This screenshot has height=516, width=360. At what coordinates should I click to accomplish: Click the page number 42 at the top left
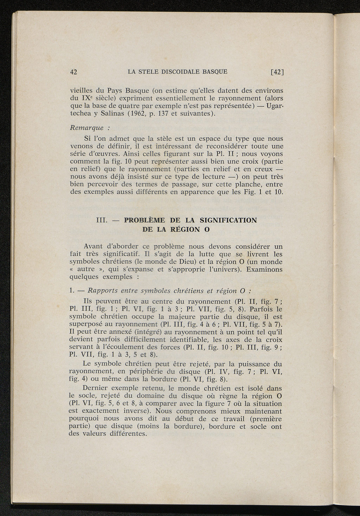[x=73, y=72]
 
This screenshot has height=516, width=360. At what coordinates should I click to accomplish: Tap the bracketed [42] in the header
[x=277, y=72]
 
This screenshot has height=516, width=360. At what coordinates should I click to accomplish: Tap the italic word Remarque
[x=87, y=128]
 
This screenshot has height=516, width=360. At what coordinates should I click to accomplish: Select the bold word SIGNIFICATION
[x=228, y=220]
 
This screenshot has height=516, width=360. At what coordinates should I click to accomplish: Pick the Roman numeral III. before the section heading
[x=102, y=220]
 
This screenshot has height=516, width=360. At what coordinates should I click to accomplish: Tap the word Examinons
[x=264, y=269]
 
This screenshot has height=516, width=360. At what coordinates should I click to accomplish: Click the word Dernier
[x=96, y=388]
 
